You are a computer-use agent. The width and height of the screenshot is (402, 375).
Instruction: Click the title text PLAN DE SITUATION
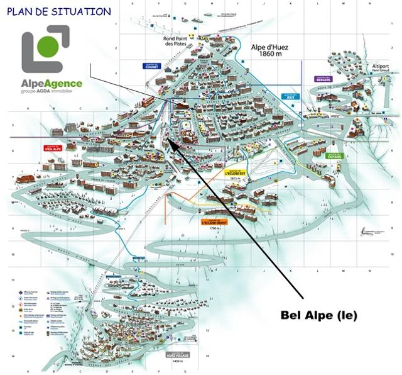point(59,11)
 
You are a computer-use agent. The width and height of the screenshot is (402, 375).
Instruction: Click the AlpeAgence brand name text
point(51,82)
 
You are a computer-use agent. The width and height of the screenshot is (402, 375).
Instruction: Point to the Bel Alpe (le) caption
point(317,315)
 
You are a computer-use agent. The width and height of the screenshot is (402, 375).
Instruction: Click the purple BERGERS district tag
point(323,79)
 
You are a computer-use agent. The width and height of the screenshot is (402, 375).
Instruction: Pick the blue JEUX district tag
point(290,97)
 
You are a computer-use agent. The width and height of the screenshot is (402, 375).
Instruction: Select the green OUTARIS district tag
point(334,155)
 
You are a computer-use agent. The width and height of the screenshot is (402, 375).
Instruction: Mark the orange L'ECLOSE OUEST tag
point(214,222)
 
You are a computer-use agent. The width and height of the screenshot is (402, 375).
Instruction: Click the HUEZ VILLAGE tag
point(178,354)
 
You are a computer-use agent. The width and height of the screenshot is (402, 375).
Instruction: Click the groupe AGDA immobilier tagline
point(51,91)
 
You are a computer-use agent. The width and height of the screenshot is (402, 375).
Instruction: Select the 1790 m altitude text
point(214,228)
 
